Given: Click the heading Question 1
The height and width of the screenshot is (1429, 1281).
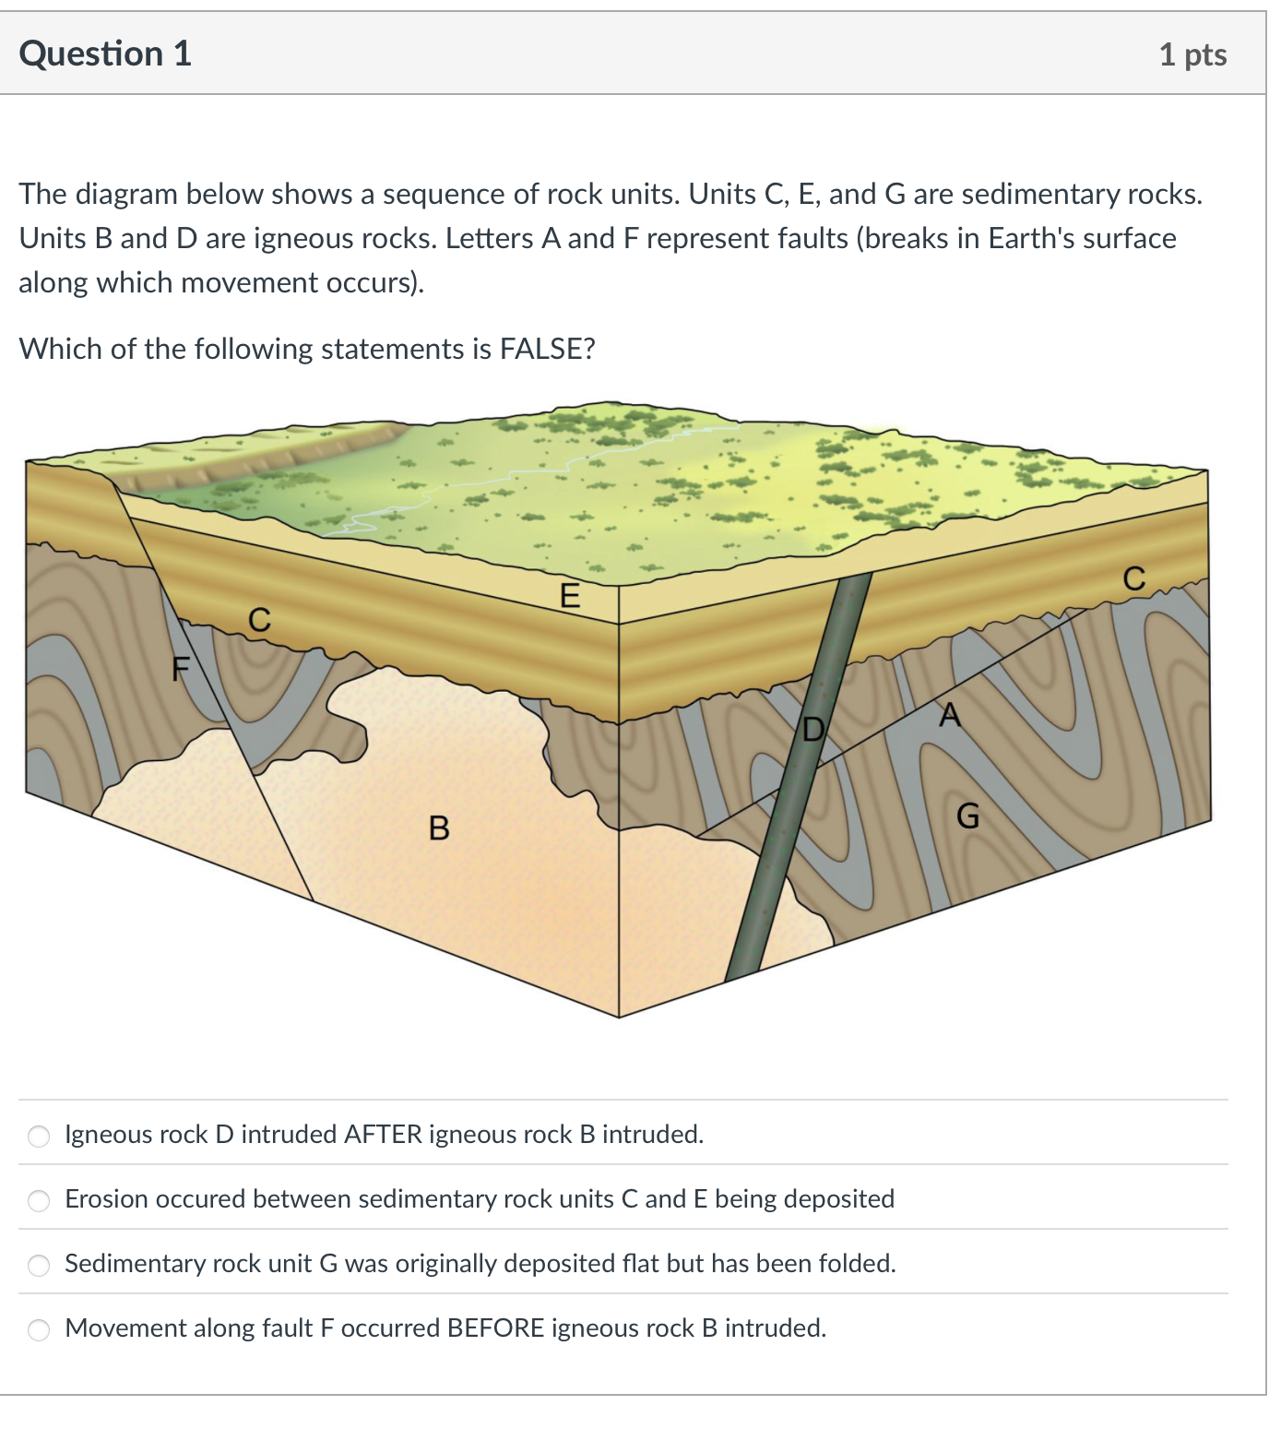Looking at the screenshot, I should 105,54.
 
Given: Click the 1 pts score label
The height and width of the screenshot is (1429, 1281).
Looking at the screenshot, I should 1192,54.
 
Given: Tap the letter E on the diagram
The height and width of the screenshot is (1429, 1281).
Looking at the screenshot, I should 570,596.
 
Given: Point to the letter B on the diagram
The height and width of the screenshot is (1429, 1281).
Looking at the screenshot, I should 439,828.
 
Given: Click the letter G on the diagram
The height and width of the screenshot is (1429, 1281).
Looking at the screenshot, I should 967,816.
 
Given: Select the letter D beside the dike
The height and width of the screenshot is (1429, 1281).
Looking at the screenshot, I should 812,730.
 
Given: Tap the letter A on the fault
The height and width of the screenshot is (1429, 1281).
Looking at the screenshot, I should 949,715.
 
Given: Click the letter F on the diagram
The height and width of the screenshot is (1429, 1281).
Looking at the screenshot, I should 181,667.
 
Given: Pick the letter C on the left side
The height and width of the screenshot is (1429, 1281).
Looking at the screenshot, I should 260,620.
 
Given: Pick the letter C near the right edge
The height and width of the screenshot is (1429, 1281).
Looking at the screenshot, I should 1133,578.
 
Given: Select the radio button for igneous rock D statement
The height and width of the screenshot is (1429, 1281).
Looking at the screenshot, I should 39,1136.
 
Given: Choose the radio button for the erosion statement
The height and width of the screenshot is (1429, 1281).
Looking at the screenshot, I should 39,1200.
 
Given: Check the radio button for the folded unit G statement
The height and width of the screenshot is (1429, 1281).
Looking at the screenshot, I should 39,1265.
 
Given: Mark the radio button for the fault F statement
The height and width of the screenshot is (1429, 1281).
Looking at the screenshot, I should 39,1329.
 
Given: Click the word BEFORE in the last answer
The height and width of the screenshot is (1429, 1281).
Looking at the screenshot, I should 495,1328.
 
